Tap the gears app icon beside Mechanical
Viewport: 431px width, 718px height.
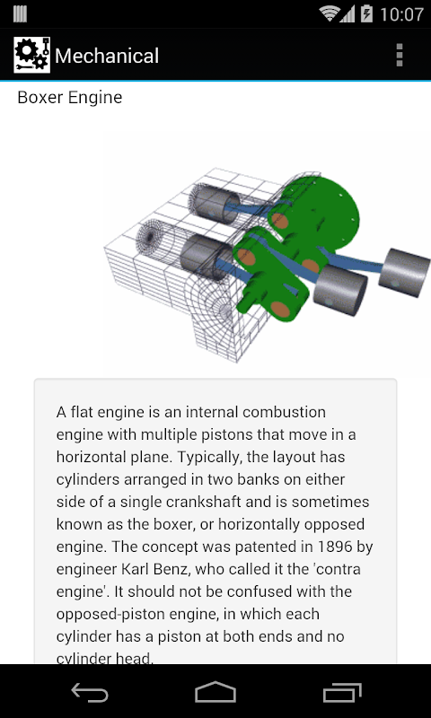click(x=31, y=55)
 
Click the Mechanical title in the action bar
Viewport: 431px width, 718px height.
click(x=107, y=56)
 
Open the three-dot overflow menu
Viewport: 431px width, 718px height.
click(x=400, y=56)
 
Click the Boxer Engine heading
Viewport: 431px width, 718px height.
click(x=70, y=98)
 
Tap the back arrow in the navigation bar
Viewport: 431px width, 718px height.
click(x=90, y=692)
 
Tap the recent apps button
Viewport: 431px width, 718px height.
click(x=342, y=692)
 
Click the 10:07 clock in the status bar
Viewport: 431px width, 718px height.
click(x=401, y=14)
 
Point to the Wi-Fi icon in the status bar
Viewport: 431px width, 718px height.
click(x=330, y=13)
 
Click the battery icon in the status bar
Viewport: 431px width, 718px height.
click(x=367, y=13)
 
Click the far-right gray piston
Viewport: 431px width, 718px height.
click(x=404, y=272)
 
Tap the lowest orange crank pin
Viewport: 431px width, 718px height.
click(x=281, y=310)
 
